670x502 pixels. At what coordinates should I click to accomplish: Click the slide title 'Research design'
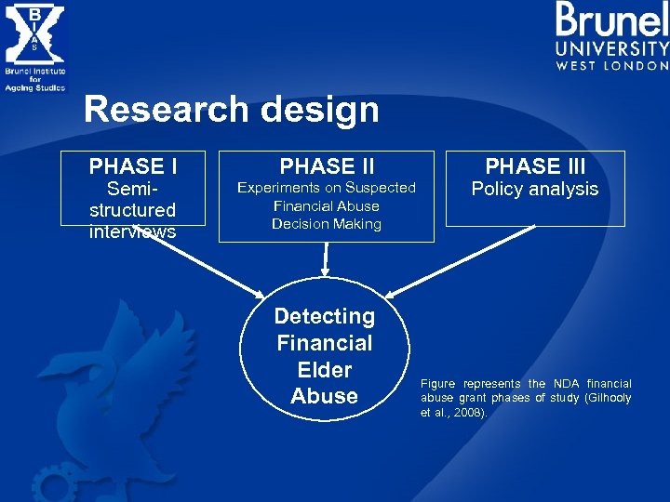[x=231, y=110]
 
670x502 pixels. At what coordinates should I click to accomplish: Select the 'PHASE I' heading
[x=133, y=166]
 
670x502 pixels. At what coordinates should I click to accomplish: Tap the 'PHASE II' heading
[x=327, y=166]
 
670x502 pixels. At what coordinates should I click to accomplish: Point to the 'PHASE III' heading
[x=535, y=166]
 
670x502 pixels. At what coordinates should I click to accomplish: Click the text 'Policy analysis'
[x=535, y=190]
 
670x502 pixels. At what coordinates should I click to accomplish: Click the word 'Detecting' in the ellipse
[x=325, y=316]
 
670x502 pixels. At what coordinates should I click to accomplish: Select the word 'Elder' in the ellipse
[x=325, y=370]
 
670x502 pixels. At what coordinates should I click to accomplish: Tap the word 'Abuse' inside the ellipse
[x=325, y=396]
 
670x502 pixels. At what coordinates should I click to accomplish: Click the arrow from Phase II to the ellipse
[x=326, y=258]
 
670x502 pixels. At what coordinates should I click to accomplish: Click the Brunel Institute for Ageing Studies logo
[x=34, y=46]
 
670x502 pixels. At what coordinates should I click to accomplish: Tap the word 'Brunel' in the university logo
[x=611, y=20]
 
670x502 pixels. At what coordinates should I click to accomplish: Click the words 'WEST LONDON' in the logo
[x=612, y=66]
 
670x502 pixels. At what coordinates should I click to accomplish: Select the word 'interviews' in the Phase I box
[x=133, y=232]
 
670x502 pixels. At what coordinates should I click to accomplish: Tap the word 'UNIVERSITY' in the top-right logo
[x=612, y=49]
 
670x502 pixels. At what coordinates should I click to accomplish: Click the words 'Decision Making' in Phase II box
[x=327, y=224]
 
